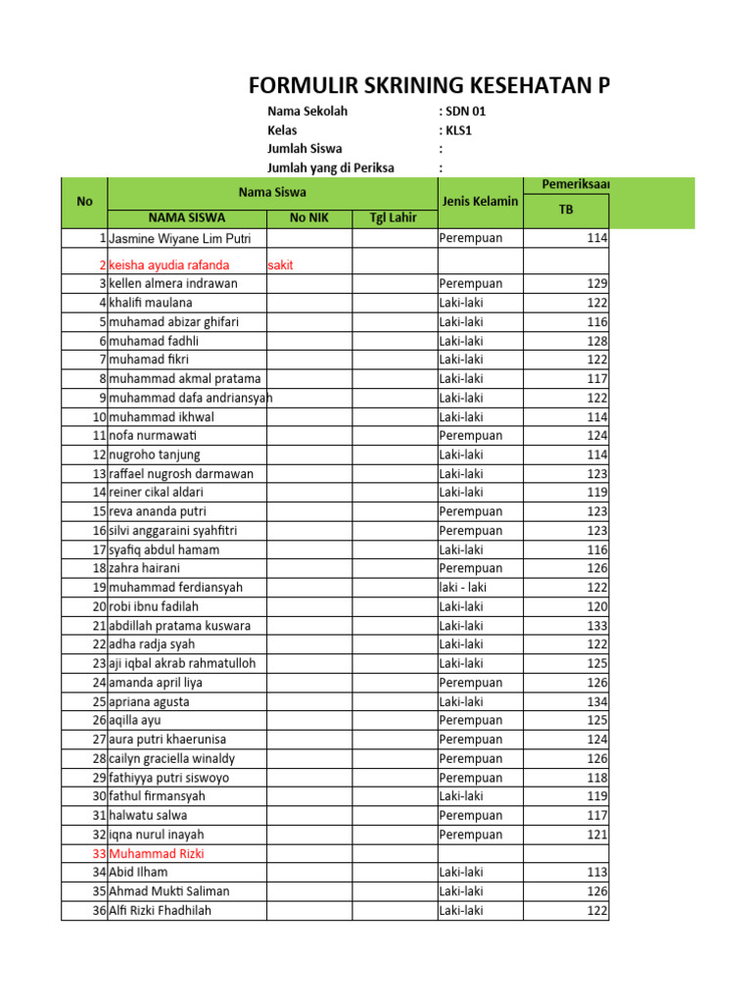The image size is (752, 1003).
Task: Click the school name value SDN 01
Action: click(464, 111)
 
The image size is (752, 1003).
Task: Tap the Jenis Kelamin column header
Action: click(480, 202)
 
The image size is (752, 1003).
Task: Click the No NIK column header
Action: click(309, 217)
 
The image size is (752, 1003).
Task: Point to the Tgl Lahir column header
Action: click(394, 217)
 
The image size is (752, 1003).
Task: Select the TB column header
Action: click(566, 210)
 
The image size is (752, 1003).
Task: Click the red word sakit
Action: click(282, 264)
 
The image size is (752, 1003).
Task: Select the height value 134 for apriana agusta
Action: click(596, 701)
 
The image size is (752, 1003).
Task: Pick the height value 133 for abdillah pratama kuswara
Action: click(596, 625)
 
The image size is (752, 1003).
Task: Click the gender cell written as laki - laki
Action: click(463, 588)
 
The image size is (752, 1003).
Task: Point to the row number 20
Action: click(99, 606)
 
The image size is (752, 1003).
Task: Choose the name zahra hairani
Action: click(145, 568)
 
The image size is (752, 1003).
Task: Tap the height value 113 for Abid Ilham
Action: click(596, 872)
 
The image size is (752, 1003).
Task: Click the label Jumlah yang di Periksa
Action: click(331, 167)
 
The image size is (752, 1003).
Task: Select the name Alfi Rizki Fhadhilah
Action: click(161, 910)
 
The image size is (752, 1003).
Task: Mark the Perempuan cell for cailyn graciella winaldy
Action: click(471, 758)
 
